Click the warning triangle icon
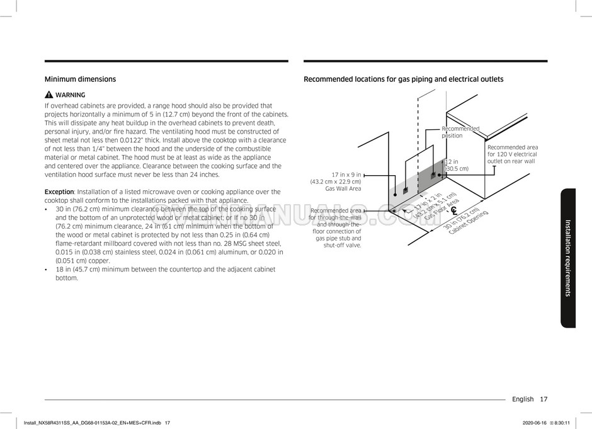coord(48,95)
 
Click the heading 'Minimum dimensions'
coord(80,79)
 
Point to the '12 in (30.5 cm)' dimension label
coord(457,165)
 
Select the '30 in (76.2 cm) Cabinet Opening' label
coord(465,221)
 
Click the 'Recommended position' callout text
coord(460,132)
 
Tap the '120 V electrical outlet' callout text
coord(511,154)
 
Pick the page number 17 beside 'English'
coord(544,399)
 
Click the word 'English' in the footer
coord(523,399)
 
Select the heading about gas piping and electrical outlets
coord(403,79)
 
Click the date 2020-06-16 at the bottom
coord(535,423)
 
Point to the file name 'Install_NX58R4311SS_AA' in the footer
coord(63,423)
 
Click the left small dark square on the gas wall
coord(405,189)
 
